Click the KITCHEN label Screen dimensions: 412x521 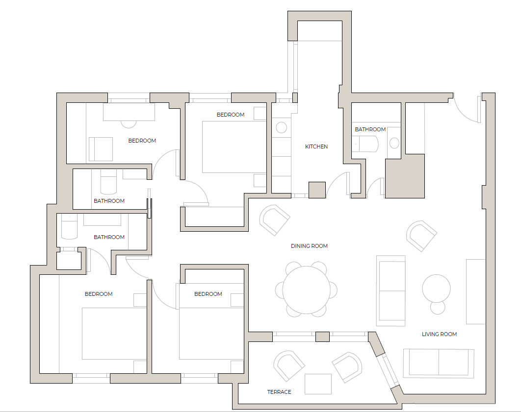(316, 146)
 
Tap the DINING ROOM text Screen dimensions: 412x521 (309, 246)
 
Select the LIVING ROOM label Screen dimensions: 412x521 (439, 334)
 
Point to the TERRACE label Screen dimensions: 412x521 (279, 392)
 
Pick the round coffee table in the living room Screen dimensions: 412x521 (436, 288)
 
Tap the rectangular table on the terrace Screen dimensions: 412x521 (318, 384)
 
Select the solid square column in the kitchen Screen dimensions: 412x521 (317, 190)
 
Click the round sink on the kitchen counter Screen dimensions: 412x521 (282, 128)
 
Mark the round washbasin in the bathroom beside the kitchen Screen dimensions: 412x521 (395, 143)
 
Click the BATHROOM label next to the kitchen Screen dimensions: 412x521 (370, 129)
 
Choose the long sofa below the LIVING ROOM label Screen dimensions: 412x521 (439, 363)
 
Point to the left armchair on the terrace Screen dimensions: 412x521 (289, 365)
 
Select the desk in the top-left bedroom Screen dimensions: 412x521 (129, 112)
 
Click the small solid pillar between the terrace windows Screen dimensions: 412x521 (322, 337)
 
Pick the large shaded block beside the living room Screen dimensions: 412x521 (405, 176)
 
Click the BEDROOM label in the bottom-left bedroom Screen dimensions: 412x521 (99, 294)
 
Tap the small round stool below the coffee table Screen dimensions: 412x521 (437, 308)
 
